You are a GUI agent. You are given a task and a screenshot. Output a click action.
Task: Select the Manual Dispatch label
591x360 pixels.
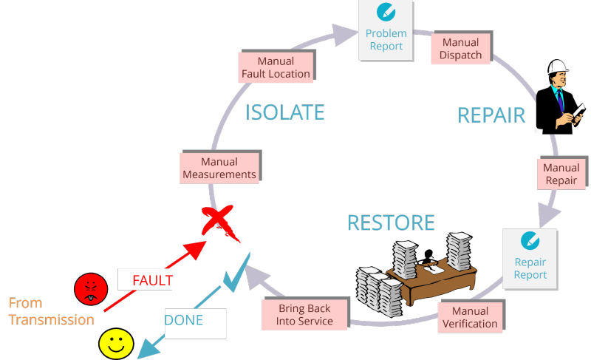[460, 48]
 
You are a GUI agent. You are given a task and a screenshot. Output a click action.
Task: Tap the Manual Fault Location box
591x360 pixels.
[276, 67]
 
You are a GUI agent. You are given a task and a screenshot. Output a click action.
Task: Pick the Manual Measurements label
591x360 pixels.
[219, 168]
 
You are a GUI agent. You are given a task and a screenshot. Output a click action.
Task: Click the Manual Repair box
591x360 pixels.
[561, 174]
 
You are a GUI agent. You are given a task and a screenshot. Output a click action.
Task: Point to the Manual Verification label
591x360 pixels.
[470, 317]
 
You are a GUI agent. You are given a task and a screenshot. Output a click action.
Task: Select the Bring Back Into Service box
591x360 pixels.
[304, 314]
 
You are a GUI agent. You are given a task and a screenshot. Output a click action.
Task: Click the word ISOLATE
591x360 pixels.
[285, 112]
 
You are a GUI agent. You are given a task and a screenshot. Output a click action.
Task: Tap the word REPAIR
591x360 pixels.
[491, 115]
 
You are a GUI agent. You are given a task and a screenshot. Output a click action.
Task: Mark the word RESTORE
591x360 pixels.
[391, 223]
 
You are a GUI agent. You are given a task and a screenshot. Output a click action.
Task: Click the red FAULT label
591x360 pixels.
[151, 280]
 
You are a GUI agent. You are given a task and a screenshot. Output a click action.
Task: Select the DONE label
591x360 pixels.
[185, 321]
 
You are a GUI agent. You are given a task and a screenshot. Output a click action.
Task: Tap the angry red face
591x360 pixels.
[91, 288]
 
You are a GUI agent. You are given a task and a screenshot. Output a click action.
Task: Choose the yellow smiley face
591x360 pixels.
[116, 344]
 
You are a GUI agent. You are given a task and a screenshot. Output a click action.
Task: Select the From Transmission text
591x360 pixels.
[51, 311]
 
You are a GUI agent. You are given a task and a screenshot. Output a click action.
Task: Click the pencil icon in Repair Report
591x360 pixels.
[530, 240]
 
